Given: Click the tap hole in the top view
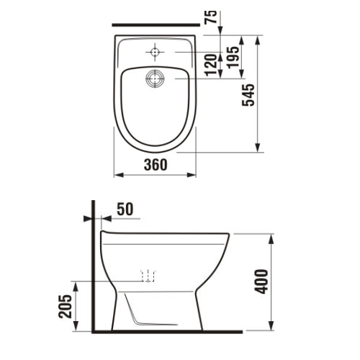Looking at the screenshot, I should point(155,51).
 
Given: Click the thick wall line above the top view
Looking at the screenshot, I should point(154,23).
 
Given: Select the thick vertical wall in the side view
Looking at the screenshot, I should point(93,266).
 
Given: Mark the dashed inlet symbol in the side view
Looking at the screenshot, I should point(148,275).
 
